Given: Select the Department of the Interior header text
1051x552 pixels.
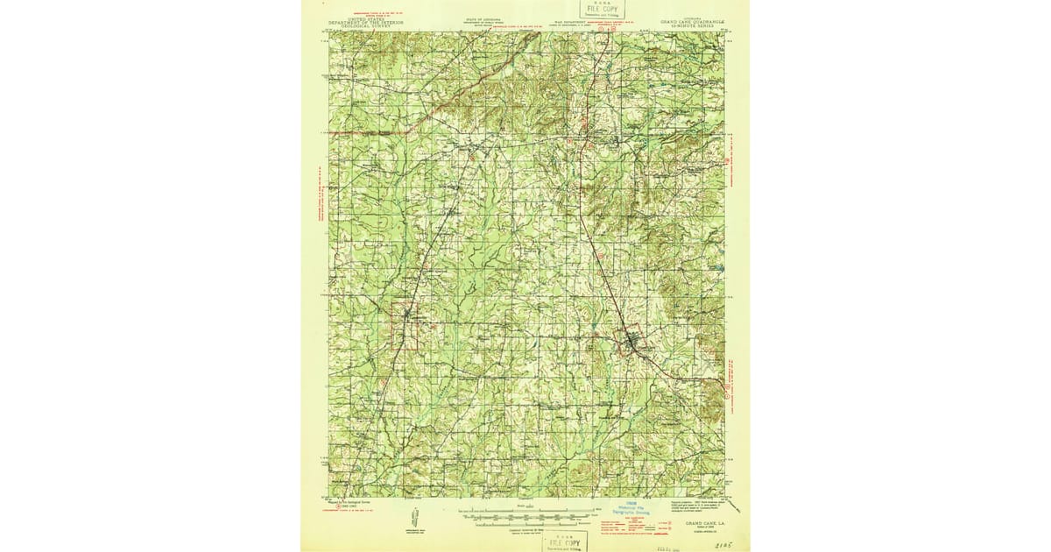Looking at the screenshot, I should point(366,23).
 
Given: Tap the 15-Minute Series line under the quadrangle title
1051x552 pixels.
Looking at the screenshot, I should point(688,28).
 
